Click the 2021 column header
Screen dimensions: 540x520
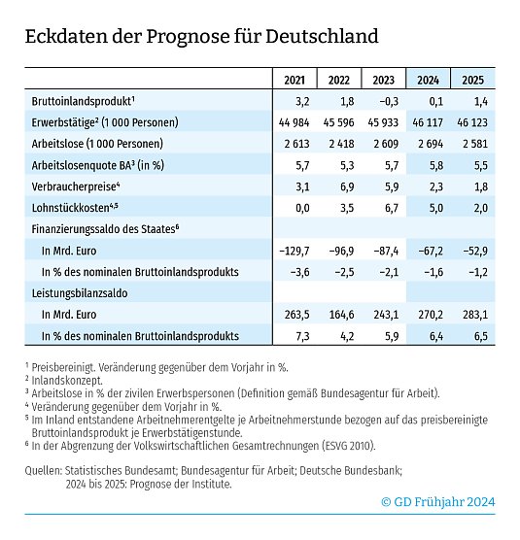(294, 80)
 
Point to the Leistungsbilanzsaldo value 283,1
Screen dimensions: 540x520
(474, 314)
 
